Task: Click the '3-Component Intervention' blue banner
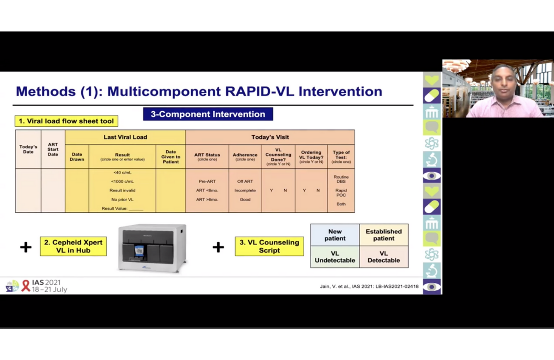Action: tap(208, 114)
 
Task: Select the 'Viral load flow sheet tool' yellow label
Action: tap(66, 121)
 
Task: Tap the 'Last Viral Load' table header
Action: tap(125, 137)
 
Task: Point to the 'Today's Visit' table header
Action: tap(270, 137)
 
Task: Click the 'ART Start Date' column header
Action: tap(53, 150)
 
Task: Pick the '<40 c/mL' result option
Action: tap(122, 173)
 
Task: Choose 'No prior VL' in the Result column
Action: tap(122, 199)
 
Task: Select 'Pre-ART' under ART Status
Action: tap(207, 181)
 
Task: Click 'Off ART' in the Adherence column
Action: tap(245, 181)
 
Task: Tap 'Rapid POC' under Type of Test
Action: tap(341, 192)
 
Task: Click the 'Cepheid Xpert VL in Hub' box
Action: tap(73, 246)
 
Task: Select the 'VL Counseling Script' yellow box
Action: tap(269, 246)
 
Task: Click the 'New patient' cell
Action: tap(335, 235)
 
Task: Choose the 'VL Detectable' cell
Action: tap(384, 257)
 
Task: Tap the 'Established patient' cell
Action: tap(384, 235)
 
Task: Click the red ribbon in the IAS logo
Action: tap(26, 286)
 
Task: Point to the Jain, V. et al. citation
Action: tap(369, 286)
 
